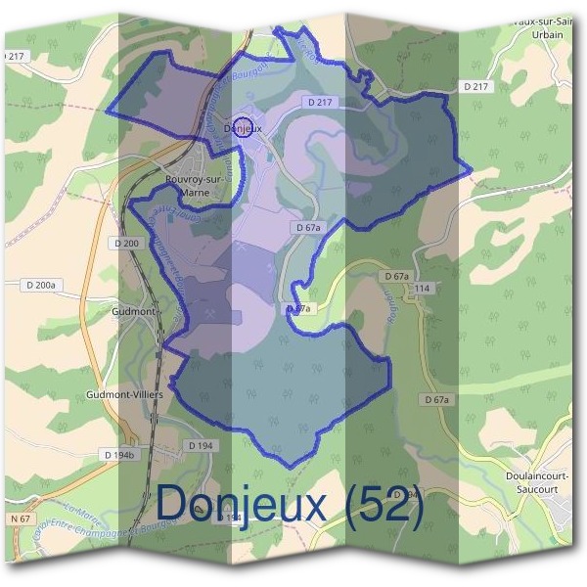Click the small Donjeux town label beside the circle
(244, 128)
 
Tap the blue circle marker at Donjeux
(244, 126)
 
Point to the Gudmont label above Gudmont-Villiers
(134, 311)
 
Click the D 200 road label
(127, 242)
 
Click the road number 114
(422, 289)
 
